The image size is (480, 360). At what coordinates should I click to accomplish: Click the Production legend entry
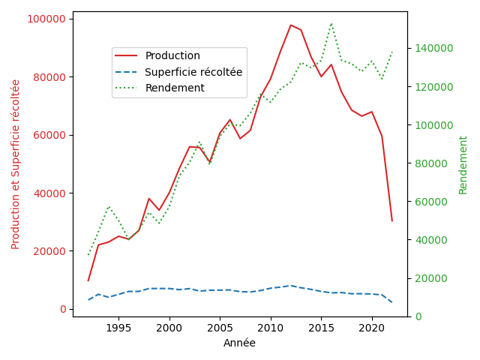(x=172, y=56)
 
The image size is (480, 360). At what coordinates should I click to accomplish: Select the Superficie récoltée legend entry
(x=193, y=72)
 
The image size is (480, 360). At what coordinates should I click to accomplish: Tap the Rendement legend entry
(x=175, y=88)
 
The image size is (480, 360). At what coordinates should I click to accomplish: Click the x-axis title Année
(x=239, y=343)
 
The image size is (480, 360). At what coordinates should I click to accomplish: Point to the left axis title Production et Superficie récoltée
(x=16, y=164)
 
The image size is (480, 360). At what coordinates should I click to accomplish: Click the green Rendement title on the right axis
(x=463, y=164)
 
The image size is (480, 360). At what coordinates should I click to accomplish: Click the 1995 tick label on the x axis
(x=118, y=328)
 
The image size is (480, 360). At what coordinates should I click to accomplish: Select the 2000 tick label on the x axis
(x=169, y=328)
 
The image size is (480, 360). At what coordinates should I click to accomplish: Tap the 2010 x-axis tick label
(x=270, y=328)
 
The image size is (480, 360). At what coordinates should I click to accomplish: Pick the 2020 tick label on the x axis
(x=371, y=328)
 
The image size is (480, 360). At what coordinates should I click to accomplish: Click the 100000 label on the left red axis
(x=47, y=19)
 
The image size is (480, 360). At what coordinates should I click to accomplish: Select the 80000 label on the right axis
(x=429, y=163)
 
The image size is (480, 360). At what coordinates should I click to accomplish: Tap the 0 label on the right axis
(x=416, y=316)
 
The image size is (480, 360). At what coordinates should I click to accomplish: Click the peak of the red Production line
(x=291, y=25)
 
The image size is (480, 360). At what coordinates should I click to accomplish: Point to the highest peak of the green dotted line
(x=331, y=23)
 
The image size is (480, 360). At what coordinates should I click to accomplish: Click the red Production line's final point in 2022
(x=391, y=220)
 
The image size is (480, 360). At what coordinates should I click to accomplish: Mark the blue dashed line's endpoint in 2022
(x=391, y=302)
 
